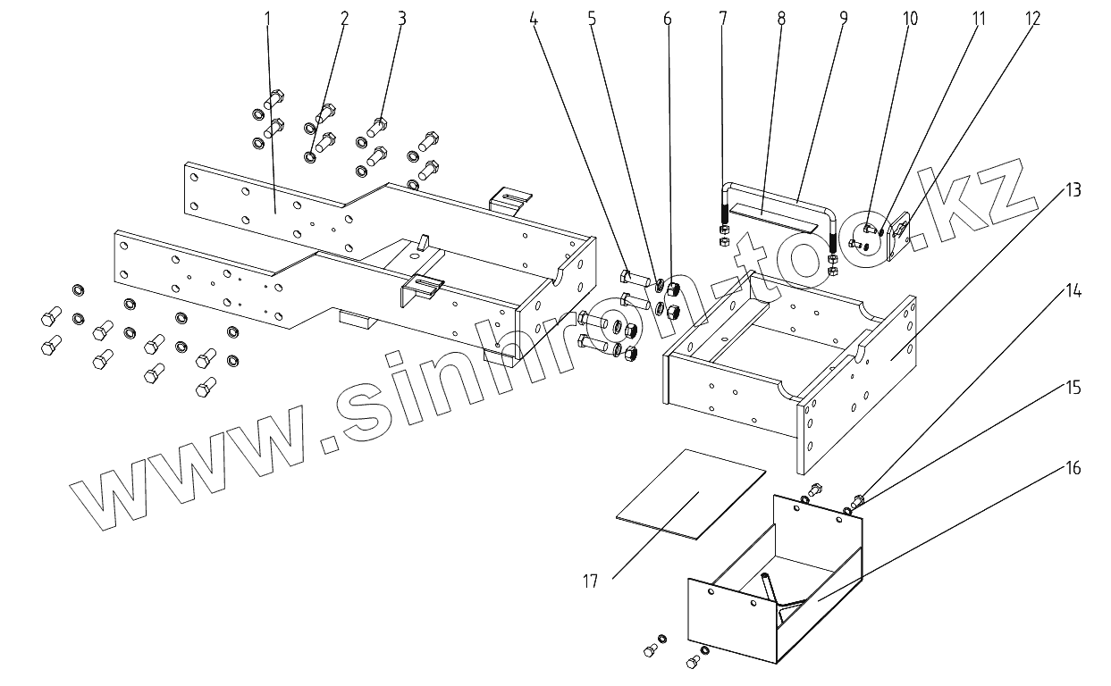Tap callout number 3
[x=402, y=18]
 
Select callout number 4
[x=534, y=18]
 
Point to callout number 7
[x=722, y=18]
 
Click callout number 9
[x=843, y=18]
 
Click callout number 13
[x=1073, y=189]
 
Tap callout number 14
[x=1073, y=291]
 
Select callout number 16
[x=1073, y=468]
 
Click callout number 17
[x=590, y=581]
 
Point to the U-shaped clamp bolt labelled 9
[x=778, y=191]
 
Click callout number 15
[x=1073, y=388]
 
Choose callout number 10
[x=910, y=18]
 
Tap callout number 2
[x=344, y=18]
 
